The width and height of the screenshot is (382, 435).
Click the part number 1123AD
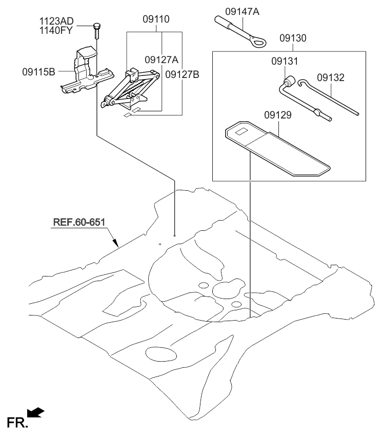pyautogui.click(x=56, y=21)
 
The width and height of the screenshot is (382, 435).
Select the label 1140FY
pyautogui.click(x=56, y=30)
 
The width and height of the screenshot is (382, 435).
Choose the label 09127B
pyautogui.click(x=182, y=74)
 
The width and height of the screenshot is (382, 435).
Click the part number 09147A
pyautogui.click(x=242, y=10)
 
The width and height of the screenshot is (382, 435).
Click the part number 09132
pyautogui.click(x=330, y=78)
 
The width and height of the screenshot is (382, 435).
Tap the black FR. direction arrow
pyautogui.click(x=37, y=412)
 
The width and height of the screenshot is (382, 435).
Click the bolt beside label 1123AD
pyautogui.click(x=96, y=30)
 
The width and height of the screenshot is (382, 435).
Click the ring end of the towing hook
pyautogui.click(x=257, y=43)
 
